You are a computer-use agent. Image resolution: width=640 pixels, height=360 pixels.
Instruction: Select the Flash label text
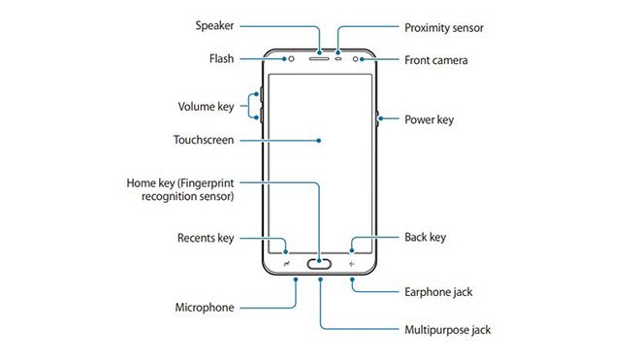click(220, 59)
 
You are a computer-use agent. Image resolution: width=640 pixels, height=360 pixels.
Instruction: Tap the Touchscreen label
click(203, 140)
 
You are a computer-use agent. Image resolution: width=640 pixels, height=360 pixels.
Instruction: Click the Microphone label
click(204, 308)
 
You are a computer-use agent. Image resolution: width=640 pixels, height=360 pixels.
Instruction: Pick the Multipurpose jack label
click(446, 330)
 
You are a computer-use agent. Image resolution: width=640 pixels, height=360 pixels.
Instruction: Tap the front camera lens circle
click(359, 57)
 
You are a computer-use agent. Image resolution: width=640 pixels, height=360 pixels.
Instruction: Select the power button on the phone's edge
click(375, 119)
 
